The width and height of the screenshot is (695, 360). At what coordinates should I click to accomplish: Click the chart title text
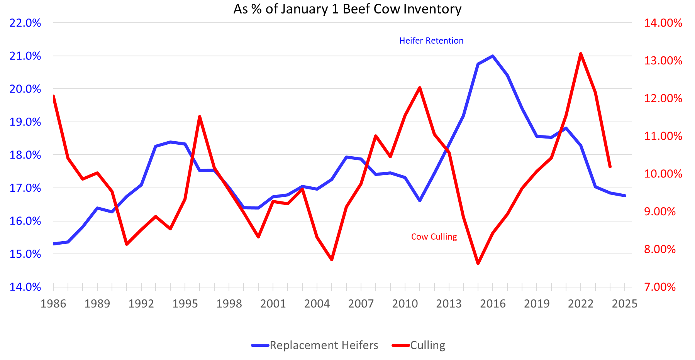coord(347,8)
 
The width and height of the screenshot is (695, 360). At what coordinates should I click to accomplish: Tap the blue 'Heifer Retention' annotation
coord(431,41)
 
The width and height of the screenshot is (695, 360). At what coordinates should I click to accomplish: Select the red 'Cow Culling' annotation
coord(434,237)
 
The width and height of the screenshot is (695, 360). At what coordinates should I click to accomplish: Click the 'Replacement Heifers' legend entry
coord(324,345)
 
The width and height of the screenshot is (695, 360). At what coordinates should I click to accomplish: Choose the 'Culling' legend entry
coord(427,345)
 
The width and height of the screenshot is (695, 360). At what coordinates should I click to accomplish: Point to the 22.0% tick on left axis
coord(25,23)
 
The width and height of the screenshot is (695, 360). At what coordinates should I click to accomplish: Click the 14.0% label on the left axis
coord(25,287)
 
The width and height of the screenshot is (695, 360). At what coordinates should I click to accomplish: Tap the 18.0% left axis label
coord(25,155)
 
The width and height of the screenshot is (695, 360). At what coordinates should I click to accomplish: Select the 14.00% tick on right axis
coord(663,23)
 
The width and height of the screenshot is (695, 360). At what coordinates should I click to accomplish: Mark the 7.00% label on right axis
coord(659,287)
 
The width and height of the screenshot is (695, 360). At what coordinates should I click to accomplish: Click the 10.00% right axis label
coord(663,174)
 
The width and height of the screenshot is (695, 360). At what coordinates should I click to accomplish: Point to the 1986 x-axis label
coord(53,304)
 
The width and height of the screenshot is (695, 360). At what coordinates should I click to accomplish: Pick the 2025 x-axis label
coord(624,304)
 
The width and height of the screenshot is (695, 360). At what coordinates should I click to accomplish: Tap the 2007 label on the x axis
coord(361,304)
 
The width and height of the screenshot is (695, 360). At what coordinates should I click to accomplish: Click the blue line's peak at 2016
coord(493,56)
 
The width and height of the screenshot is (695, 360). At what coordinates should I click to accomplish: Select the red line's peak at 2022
coord(581,54)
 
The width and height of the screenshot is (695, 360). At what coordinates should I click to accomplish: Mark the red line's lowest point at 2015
coord(478,264)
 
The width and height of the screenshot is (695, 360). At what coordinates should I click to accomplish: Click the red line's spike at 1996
coord(200,116)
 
